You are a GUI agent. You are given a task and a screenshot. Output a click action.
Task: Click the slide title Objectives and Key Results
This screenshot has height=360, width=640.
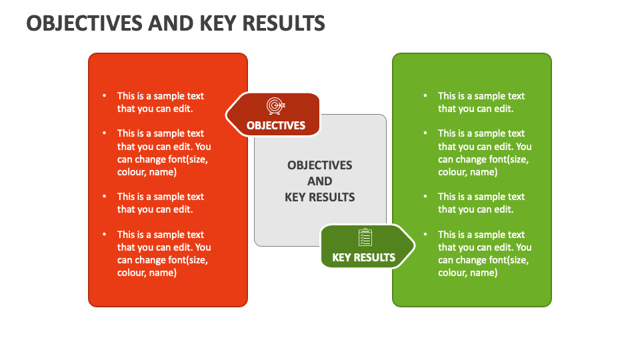point(176,23)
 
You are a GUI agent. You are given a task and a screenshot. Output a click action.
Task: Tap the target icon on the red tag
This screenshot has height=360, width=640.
point(275,106)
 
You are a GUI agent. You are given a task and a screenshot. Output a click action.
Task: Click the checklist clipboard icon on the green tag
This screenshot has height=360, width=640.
point(365,237)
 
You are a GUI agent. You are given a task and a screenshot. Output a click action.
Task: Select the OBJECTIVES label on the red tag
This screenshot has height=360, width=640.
point(276,125)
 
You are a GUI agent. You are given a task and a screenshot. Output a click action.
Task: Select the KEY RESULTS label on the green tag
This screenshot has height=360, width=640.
point(363,257)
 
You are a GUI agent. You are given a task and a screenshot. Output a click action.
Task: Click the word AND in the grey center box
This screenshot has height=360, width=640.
point(320,181)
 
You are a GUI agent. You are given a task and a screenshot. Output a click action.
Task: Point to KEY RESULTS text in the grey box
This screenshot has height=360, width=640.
point(320,197)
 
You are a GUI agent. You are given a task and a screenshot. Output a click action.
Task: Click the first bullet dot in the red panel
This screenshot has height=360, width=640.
point(104,96)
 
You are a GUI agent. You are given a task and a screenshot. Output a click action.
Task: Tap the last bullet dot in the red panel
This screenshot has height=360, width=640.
point(104,235)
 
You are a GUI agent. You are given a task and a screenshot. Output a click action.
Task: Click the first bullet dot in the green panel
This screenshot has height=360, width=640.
point(425,96)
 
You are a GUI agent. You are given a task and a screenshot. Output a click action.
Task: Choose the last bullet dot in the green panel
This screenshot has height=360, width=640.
point(425,235)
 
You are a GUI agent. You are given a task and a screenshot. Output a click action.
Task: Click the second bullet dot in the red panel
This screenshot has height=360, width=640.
point(104,133)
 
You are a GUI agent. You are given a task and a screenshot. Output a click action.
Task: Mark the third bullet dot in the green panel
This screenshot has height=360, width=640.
point(425,197)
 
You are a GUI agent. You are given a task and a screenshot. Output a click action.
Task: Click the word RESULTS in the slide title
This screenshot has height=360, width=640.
point(284,23)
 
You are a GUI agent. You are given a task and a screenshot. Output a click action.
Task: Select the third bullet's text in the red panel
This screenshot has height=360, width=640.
point(161,203)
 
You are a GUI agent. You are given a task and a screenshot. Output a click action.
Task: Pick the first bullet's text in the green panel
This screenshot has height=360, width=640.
point(481,102)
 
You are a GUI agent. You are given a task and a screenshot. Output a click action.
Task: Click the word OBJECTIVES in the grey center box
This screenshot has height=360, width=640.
point(320,165)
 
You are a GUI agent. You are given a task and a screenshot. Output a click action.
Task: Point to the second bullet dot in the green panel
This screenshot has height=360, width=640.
point(425,133)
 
